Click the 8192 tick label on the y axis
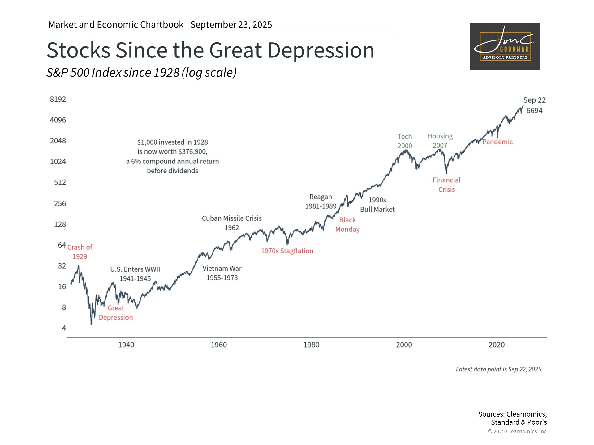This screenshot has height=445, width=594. coord(58,99)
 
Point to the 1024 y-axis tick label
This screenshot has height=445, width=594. coord(58,162)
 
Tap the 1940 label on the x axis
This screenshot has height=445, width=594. coord(126,345)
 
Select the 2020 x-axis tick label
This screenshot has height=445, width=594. coord(497,345)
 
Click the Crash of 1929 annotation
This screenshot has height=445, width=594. coord(80,252)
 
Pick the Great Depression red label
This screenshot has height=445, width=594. coord(116,313)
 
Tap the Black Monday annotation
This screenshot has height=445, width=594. coord(347,225)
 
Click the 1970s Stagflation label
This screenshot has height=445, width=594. coord(287,251)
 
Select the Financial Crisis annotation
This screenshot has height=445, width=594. coord(446,185)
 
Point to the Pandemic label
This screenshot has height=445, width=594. coord(497,142)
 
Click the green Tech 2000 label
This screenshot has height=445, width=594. coord(405,141)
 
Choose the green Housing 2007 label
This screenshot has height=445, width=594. coord(440,141)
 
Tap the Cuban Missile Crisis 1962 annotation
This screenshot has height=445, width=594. coord(232,223)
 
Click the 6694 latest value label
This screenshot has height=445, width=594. coord(534,111)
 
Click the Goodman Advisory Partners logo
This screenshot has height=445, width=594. coord(505,46)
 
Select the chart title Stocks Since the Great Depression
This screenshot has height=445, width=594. coord(210,50)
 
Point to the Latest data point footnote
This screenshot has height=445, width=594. coord(498,369)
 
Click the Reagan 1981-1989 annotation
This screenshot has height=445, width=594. coord(321,201)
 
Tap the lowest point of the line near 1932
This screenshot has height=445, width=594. coord(91,324)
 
